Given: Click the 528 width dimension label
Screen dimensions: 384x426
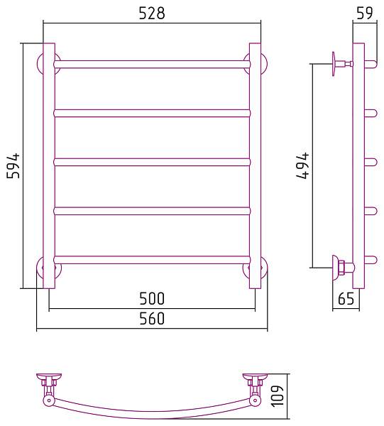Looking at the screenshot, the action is click(x=152, y=13).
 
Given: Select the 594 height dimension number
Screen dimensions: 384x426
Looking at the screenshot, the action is click(x=13, y=165).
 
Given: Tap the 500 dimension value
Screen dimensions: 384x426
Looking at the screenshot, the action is click(x=152, y=298).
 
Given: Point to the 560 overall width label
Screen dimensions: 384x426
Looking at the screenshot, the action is click(x=152, y=318).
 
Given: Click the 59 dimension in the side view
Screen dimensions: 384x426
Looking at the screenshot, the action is click(x=364, y=13).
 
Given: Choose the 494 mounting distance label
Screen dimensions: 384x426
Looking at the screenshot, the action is click(x=302, y=165).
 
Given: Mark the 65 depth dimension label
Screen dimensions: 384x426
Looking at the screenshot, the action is click(x=346, y=299).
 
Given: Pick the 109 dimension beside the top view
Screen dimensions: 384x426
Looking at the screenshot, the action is click(x=278, y=396).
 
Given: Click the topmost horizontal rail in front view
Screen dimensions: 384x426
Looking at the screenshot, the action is click(x=152, y=64).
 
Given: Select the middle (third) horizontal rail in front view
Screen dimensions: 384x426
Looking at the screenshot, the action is click(x=152, y=162).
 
